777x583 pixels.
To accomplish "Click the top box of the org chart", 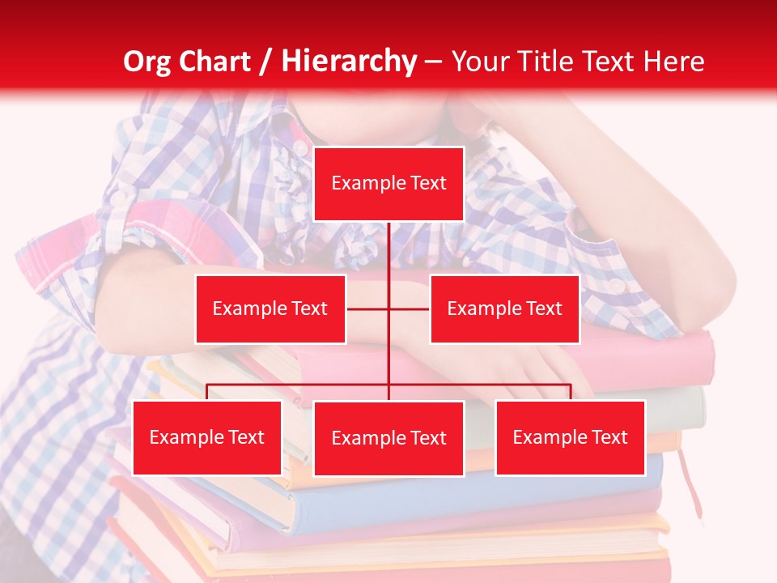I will pos(388,184).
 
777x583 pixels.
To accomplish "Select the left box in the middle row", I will pos(270,309).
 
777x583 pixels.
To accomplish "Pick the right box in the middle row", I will pos(504,309).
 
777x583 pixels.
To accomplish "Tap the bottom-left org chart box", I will pos(207,437).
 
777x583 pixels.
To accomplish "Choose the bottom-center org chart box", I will pos(388,438).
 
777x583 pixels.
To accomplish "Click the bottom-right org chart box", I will pos(570,437).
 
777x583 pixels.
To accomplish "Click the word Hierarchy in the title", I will pos(348,62).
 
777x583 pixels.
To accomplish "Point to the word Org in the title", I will pos(146,62).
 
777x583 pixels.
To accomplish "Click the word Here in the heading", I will pos(673,62).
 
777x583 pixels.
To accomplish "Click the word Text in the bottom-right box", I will pos(609,437).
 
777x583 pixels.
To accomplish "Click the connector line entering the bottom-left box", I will pos(207,392).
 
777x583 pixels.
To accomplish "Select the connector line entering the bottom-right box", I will pos(570,392).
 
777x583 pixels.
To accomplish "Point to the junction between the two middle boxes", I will pos(388,309).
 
